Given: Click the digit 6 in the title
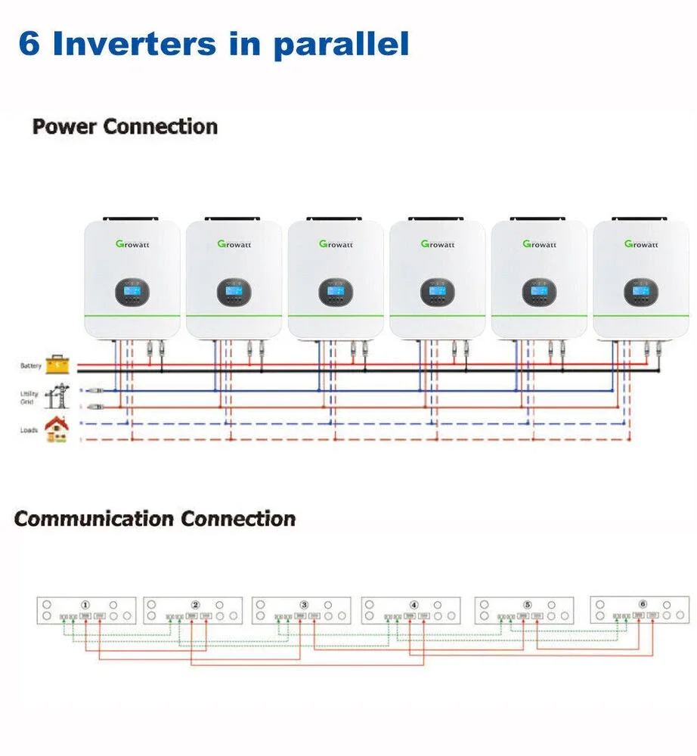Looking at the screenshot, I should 29,44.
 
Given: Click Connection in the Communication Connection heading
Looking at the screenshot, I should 238,519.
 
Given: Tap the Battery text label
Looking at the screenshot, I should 31,367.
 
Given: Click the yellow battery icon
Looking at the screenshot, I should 57,365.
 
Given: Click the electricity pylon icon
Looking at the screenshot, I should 57,395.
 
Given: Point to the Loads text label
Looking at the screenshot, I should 29,429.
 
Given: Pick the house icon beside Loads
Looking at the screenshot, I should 57,429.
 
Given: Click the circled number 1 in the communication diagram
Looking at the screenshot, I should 85,605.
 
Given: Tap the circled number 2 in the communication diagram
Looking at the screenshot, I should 195,605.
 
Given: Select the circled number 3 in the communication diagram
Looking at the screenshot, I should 304,605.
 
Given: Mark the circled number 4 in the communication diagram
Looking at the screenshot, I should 414,605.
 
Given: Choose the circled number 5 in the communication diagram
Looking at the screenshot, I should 528,605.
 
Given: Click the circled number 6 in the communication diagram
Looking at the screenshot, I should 643,605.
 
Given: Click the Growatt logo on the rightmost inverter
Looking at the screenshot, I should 641,244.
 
